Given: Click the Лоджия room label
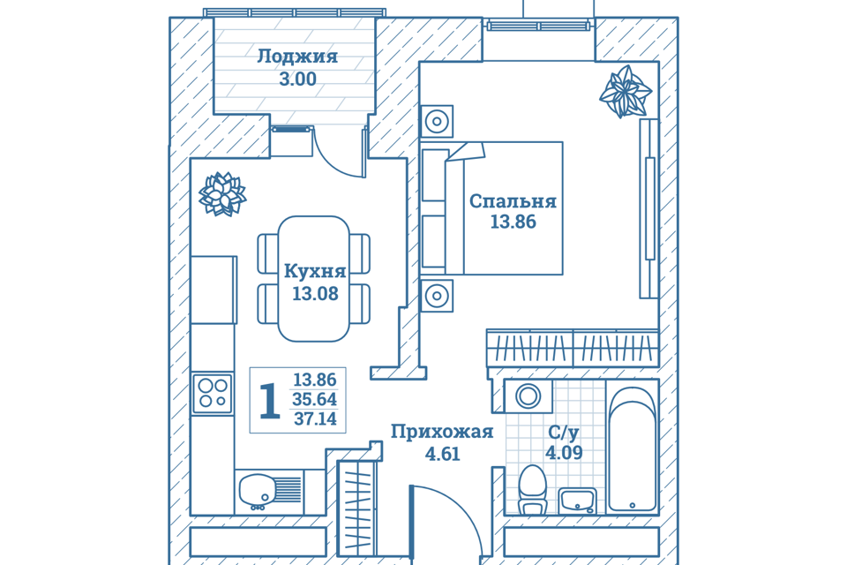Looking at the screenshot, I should click(x=297, y=57).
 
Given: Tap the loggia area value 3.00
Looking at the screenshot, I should click(x=297, y=79).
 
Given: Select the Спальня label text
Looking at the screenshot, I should click(x=513, y=201).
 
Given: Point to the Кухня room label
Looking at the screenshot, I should click(x=315, y=272).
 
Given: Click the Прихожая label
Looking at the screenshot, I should click(x=442, y=432).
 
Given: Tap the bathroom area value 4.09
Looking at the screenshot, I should click(x=563, y=454).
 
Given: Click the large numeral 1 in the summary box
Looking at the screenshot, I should click(x=270, y=400).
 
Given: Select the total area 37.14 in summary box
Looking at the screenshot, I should click(x=315, y=419).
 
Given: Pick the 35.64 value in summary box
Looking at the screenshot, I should click(x=315, y=400).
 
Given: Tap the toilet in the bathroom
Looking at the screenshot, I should click(x=532, y=490).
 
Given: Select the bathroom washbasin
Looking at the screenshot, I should click(x=578, y=501).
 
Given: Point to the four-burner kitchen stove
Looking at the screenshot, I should click(x=213, y=393).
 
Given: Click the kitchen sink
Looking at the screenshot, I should click(x=259, y=491).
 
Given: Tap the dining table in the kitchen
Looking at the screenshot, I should click(x=313, y=278).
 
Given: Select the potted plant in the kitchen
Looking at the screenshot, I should click(x=222, y=193).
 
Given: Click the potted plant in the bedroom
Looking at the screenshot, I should click(x=625, y=92).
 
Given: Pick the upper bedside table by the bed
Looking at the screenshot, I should click(x=437, y=121).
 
